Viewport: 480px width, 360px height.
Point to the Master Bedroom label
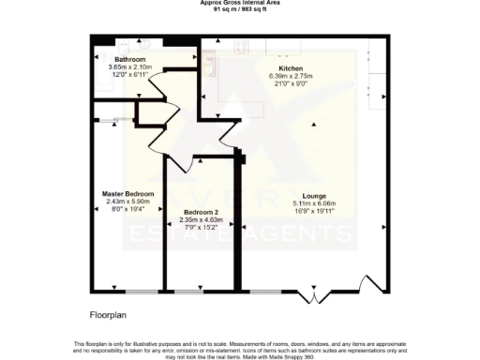(x=127, y=193)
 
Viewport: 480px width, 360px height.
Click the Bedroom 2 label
(x=200, y=213)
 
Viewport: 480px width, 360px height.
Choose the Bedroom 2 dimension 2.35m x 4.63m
(x=200, y=220)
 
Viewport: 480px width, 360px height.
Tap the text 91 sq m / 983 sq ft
(x=240, y=9)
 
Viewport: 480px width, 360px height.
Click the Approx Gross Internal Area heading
(x=240, y=3)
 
